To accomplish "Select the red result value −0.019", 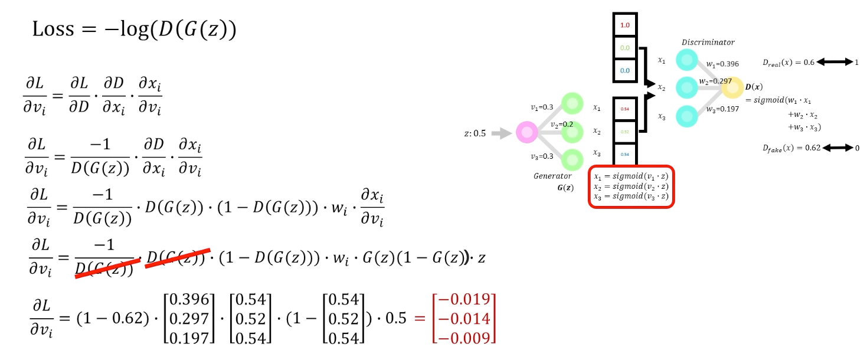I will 470,300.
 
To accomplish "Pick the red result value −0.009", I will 470,338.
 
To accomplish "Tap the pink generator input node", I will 525,132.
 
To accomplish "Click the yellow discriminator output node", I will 732,88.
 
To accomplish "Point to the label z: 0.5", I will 475,133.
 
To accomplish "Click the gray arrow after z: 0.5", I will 502,133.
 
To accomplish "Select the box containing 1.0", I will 624,26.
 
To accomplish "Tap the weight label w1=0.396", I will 722,64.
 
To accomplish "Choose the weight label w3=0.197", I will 722,109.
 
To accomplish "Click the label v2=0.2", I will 562,125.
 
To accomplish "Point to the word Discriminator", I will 708,42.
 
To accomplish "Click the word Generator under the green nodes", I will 552,176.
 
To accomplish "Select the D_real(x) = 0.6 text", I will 789,62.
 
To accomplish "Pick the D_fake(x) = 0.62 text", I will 791,148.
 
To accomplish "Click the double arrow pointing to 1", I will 834,62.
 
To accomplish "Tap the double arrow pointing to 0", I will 837,148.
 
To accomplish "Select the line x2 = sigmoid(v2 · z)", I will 631,186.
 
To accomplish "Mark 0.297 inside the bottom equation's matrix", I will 189,319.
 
